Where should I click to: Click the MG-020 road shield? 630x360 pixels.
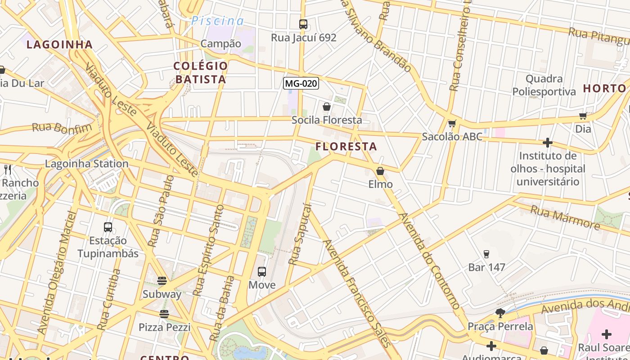tap(301, 83)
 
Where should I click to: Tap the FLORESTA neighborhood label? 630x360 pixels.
tap(346, 147)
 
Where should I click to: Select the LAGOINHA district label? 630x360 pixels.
tap(59, 45)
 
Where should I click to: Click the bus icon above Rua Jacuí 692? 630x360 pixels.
tap(303, 24)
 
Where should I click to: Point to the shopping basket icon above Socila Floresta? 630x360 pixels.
tap(327, 107)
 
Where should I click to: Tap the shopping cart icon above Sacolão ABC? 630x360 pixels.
tap(452, 123)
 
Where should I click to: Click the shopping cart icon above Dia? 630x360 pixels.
tap(583, 116)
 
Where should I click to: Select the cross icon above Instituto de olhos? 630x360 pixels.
tap(547, 143)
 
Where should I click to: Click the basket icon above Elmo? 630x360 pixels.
tap(380, 171)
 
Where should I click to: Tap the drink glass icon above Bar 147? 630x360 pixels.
tap(486, 254)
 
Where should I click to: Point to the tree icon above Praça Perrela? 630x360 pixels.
tap(500, 313)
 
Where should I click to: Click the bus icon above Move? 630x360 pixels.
tap(262, 272)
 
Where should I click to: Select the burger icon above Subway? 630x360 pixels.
tap(162, 281)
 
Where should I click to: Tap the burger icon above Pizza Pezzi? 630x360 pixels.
tap(164, 314)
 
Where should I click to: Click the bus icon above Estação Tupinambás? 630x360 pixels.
tap(108, 227)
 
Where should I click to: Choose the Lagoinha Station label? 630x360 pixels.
tap(87, 164)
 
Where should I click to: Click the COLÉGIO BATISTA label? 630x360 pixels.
tap(200, 72)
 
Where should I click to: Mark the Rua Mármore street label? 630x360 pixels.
tap(565, 218)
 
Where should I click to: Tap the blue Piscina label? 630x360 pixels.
tap(217, 21)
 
